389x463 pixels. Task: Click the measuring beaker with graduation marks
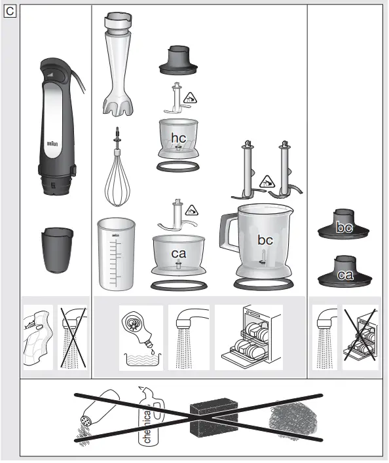117,254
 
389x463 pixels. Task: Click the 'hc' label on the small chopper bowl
178,137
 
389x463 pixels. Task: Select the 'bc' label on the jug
265,240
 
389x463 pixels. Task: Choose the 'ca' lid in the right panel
345,275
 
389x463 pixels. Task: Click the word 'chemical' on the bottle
147,424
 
